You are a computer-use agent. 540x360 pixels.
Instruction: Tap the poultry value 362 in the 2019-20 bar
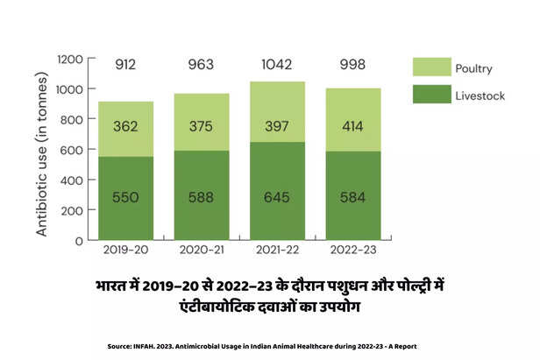click(x=125, y=127)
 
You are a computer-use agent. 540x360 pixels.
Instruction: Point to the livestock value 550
click(x=125, y=198)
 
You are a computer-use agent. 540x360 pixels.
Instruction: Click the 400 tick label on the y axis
click(x=73, y=180)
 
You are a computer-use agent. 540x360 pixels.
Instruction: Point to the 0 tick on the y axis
click(x=80, y=240)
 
